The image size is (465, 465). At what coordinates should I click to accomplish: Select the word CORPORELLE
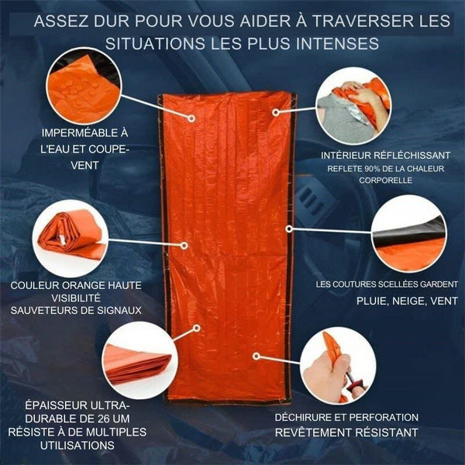(385, 180)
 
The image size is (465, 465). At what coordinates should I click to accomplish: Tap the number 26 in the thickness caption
(104, 418)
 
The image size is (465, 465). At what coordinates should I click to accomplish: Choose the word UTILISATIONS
(77, 446)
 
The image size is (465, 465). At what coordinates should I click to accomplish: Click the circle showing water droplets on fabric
(84, 86)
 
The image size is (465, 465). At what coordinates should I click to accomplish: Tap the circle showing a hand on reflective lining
(353, 106)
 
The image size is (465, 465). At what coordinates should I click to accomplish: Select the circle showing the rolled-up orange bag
(71, 238)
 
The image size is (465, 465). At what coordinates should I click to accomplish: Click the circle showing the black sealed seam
(409, 233)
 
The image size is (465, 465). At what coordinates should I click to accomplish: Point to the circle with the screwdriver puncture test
(338, 366)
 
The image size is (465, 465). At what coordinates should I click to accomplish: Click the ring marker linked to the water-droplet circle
(191, 119)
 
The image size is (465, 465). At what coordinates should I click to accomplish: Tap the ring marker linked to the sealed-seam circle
(289, 229)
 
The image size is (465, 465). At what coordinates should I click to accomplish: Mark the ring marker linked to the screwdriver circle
(257, 356)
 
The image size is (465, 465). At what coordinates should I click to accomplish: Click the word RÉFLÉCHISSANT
(412, 156)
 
